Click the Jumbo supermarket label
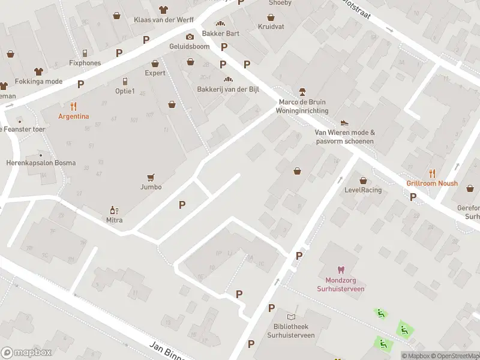[151, 187]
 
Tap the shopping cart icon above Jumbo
[151, 177]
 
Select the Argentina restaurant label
[74, 116]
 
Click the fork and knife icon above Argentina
[74, 106]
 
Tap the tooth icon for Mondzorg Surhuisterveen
[341, 270]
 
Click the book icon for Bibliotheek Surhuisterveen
[291, 317]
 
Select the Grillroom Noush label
[432, 184]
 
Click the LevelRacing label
[363, 190]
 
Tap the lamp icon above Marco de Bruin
[302, 92]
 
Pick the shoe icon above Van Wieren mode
[344, 123]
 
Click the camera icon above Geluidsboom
[190, 37]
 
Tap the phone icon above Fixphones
[85, 53]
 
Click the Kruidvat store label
[271, 27]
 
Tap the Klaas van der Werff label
[163, 19]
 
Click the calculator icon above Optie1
[125, 81]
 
